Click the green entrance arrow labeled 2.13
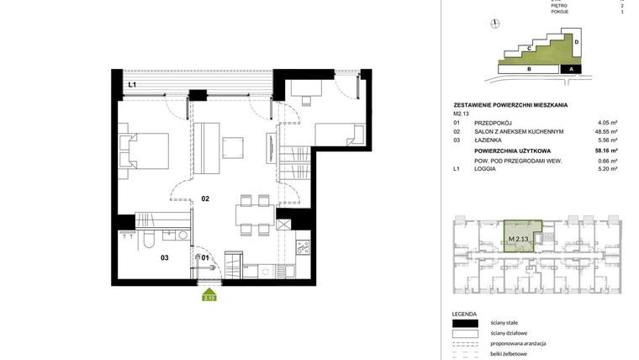pyautogui.click(x=209, y=294)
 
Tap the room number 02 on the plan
pyautogui.click(x=204, y=199)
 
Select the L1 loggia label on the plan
pyautogui.click(x=133, y=86)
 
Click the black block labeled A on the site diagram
pyautogui.click(x=571, y=70)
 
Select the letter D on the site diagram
pyautogui.click(x=577, y=40)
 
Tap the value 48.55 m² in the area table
pyautogui.click(x=606, y=132)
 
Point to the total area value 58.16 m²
pyautogui.click(x=605, y=151)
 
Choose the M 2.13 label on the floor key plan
pyautogui.click(x=518, y=239)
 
